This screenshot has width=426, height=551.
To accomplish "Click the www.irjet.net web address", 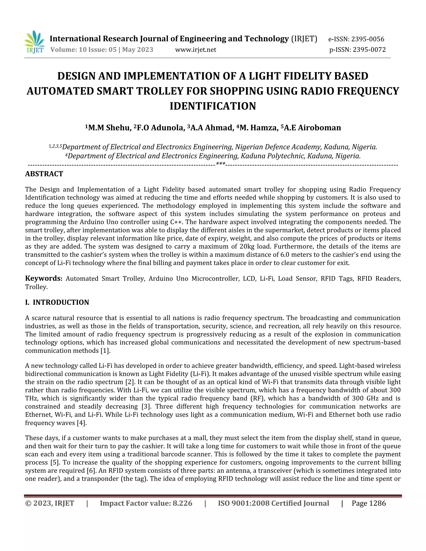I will [x=196, y=50].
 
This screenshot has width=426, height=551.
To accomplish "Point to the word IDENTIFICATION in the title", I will [x=213, y=106].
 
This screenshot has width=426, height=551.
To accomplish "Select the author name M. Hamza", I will [x=259, y=128].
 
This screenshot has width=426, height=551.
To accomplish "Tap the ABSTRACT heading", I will [x=44, y=174].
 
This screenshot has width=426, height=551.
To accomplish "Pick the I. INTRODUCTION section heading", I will [x=57, y=302].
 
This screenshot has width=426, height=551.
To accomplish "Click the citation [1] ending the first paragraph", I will [x=105, y=351].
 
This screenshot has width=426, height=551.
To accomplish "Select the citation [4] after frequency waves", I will [x=82, y=423].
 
